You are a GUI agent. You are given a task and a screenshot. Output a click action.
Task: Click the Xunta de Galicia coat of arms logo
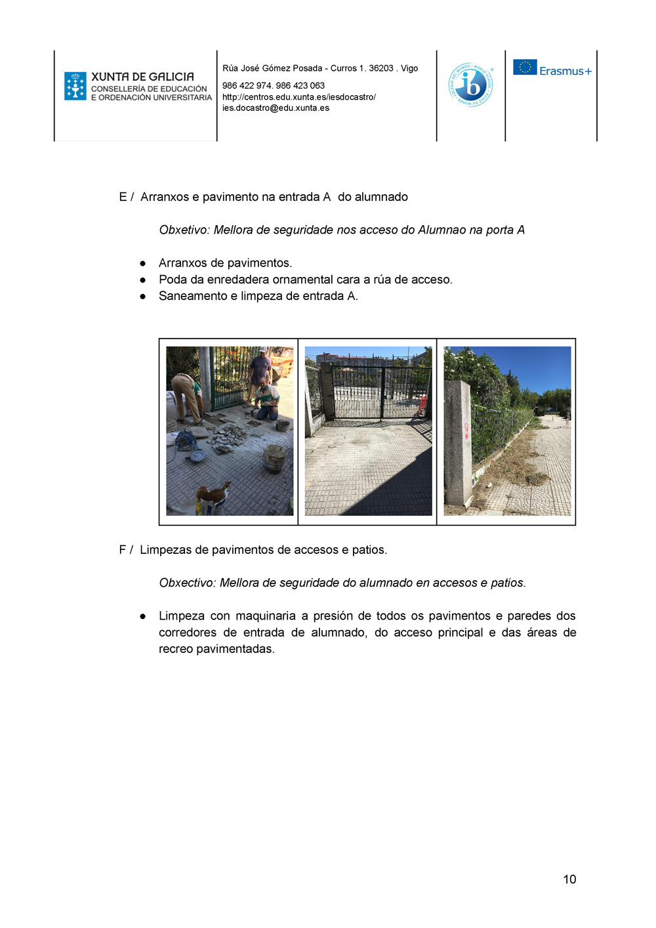pos(75,86)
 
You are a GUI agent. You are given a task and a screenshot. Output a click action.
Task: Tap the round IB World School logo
pos(471,85)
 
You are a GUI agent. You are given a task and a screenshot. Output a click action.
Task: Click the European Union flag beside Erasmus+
pos(525,68)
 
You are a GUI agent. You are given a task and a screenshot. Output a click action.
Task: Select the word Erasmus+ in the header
pos(565,71)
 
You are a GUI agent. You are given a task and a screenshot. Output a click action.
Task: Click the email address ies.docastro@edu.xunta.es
pos(276,108)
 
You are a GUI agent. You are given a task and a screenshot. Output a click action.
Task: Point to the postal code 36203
pos(381,68)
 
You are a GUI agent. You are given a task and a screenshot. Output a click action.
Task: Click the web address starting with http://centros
pos(298,97)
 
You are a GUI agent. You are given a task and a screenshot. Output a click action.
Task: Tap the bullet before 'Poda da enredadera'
pos(143,280)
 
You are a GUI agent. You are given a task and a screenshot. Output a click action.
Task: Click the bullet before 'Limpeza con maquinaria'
pos(143,616)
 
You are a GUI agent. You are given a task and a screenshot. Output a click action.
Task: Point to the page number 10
pos(569,879)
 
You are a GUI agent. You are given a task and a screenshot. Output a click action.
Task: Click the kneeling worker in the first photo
pos(267,399)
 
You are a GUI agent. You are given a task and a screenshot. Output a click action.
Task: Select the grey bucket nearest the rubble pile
pos(274,458)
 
